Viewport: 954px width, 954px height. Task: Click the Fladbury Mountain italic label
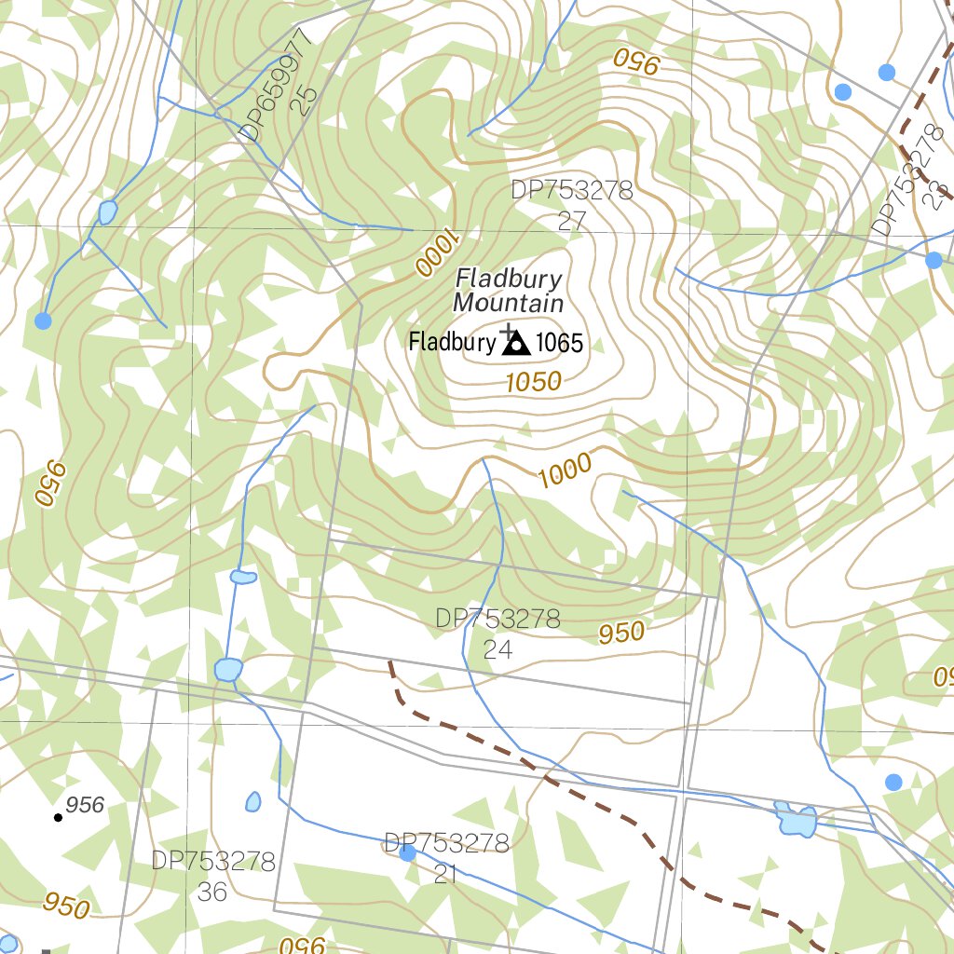tap(509, 291)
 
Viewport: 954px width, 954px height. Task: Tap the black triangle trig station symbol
tap(515, 345)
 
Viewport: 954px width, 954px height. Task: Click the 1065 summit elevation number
tap(560, 344)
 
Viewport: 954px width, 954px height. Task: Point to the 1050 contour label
tap(534, 381)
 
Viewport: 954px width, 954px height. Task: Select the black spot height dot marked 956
tap(58, 817)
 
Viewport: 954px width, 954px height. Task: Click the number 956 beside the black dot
tap(86, 805)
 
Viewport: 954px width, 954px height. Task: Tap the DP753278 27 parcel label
tap(571, 205)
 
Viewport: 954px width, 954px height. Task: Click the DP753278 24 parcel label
tap(497, 634)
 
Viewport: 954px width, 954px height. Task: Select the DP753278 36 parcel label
tap(213, 875)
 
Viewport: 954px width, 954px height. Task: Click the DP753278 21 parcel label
tap(446, 858)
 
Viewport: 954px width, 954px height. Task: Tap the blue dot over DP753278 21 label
tap(407, 852)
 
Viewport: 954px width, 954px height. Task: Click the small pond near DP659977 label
tap(108, 212)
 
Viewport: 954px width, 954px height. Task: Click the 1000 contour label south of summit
tap(565, 470)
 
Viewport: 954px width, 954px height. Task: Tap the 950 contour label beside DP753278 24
tap(621, 634)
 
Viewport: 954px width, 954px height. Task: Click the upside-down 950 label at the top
tap(637, 62)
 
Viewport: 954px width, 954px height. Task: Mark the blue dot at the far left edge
tap(43, 320)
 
